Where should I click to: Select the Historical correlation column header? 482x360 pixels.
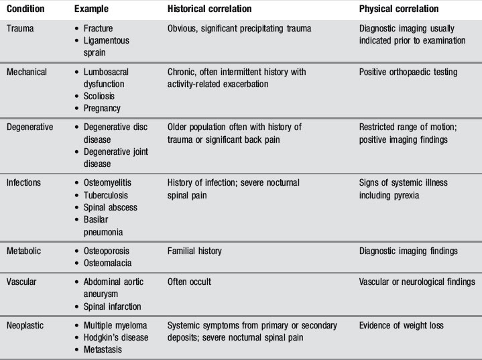click(x=209, y=9)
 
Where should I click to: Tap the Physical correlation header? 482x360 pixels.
click(x=399, y=9)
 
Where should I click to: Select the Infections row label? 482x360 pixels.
click(x=25, y=183)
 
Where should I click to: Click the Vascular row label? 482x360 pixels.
click(x=23, y=281)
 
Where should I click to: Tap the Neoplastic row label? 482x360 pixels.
click(x=27, y=325)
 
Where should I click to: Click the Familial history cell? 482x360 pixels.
click(x=194, y=251)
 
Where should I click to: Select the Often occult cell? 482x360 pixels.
click(x=189, y=281)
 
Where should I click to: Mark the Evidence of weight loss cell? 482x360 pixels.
click(x=401, y=325)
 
